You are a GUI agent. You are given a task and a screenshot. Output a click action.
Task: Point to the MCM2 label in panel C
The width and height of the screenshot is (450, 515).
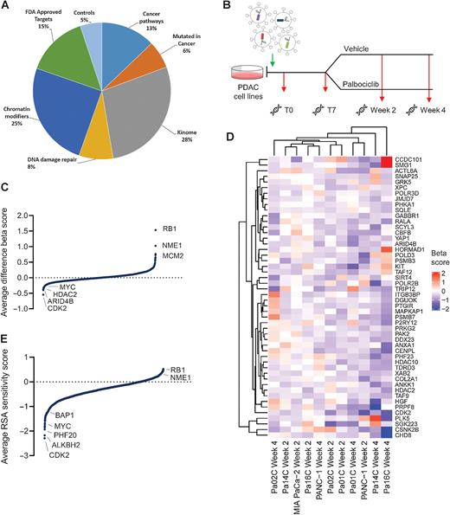166,257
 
